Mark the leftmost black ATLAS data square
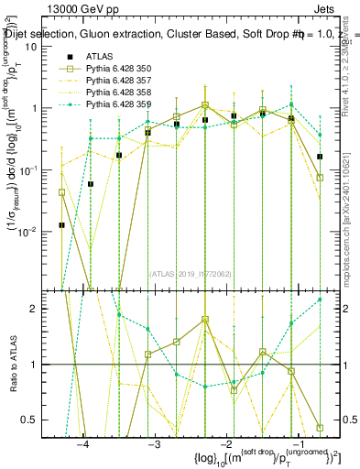point(62,224)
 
